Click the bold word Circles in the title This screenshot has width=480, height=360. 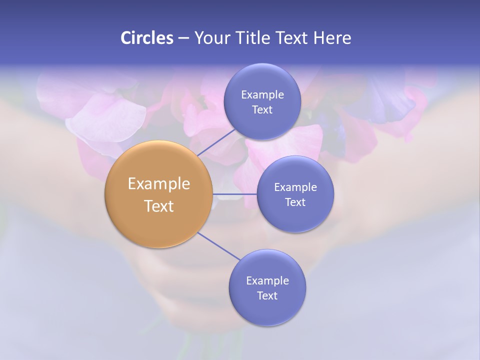146,38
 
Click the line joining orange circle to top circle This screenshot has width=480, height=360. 216,142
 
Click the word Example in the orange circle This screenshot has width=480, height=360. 159,184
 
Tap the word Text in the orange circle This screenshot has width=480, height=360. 159,206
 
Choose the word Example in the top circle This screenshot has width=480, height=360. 262,94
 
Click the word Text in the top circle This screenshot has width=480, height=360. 262,109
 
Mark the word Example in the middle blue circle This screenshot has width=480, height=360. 295,187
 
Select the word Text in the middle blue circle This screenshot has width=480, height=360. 295,202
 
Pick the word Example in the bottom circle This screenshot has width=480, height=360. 267,280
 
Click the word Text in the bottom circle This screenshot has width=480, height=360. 267,295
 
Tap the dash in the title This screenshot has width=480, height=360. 183,38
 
